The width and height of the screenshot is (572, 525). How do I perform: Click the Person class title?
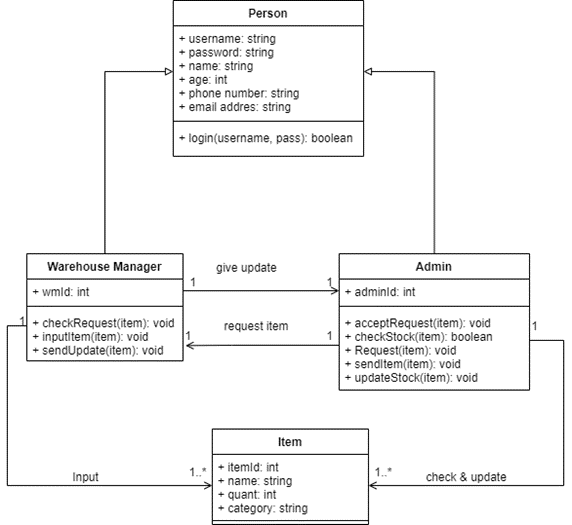267,13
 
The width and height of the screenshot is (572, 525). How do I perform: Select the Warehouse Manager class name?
104,266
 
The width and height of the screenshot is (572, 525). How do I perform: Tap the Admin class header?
434,266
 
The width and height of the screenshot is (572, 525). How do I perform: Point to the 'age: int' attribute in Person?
204,79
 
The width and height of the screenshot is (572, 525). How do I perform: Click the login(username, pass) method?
265,137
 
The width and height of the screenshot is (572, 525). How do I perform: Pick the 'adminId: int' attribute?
380,292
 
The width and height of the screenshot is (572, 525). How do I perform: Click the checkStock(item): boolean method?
420,337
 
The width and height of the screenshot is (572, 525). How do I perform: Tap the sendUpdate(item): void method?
97,350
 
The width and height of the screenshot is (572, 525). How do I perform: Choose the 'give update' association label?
246,268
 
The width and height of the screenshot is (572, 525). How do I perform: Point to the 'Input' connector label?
86,477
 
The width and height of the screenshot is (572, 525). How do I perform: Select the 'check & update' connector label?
466,477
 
